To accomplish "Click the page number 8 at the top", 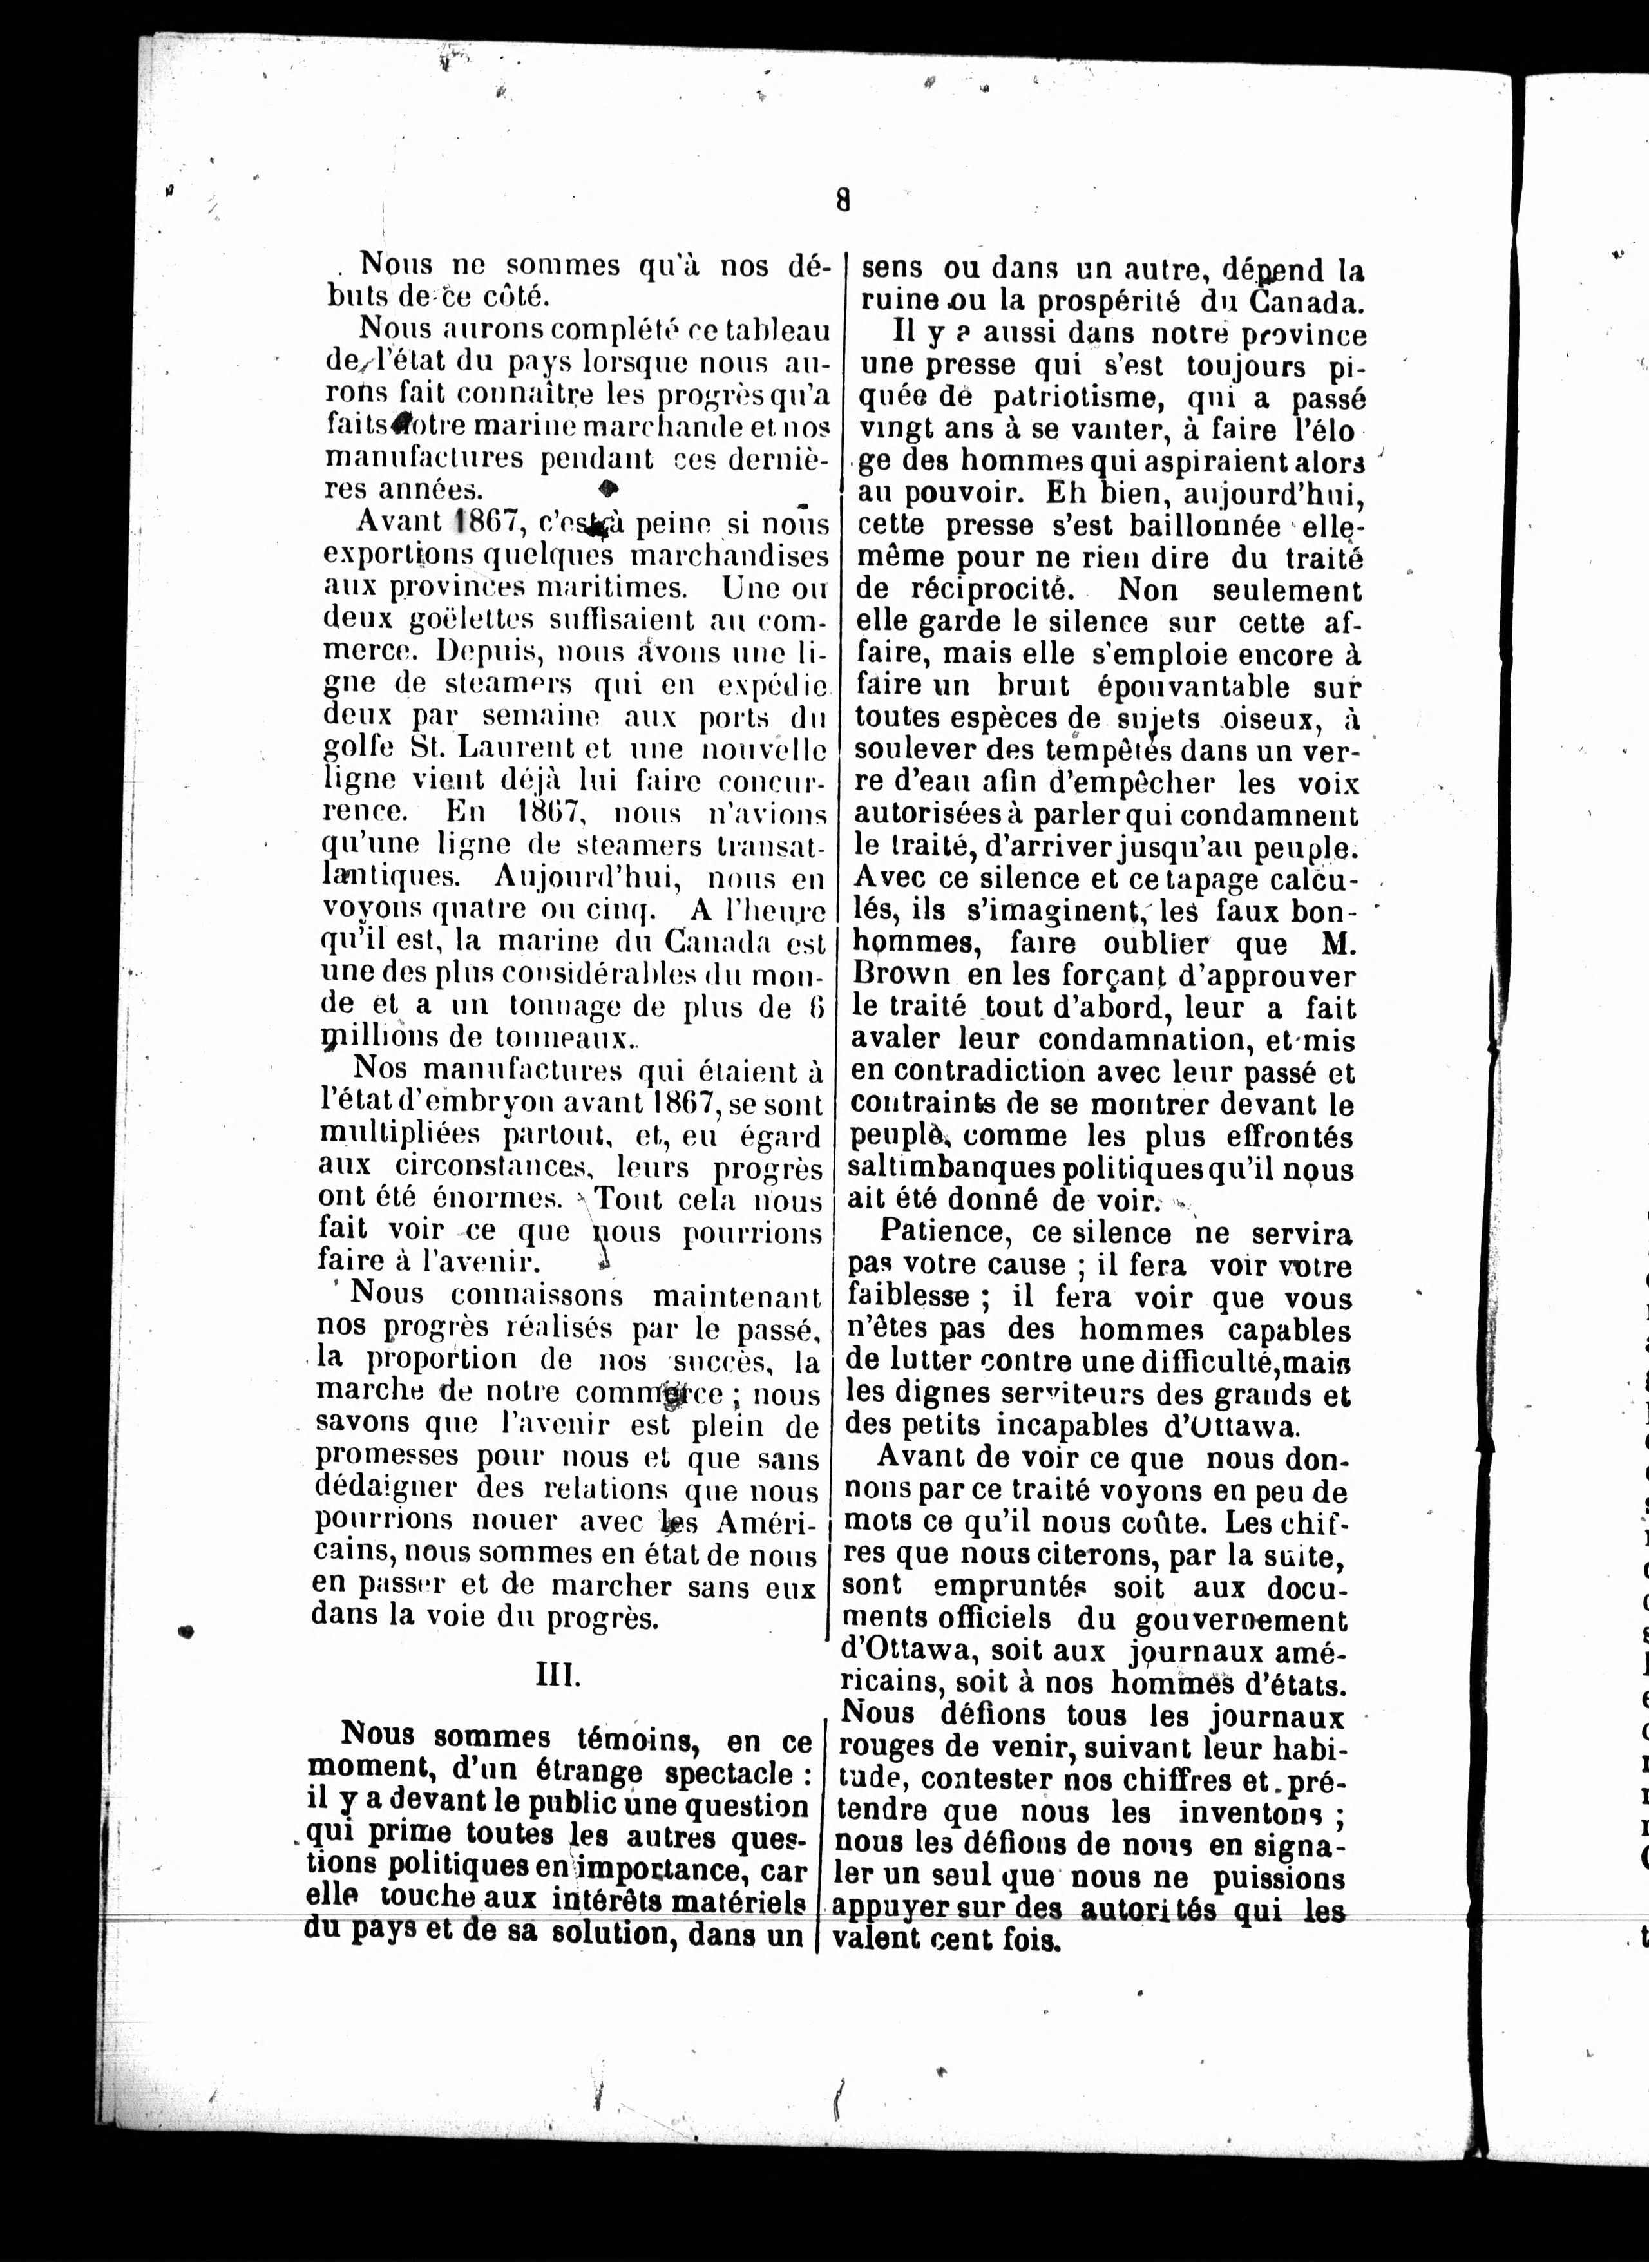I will tap(843, 202).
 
